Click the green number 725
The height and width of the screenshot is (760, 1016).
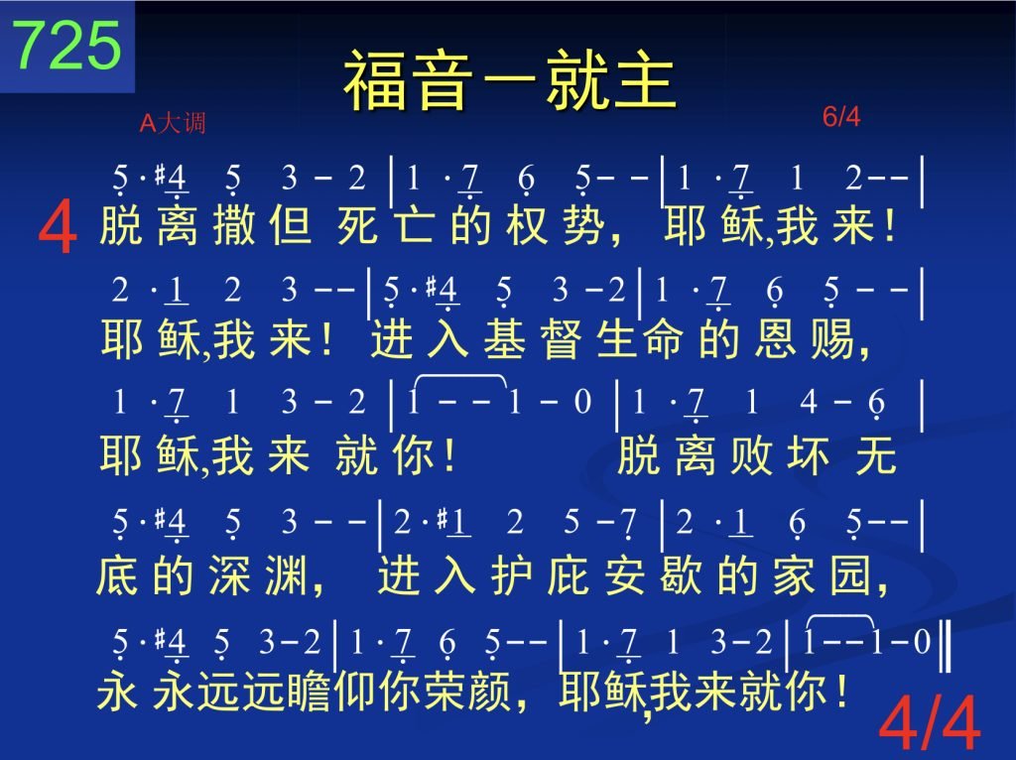[66, 45]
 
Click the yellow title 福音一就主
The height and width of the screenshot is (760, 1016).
[510, 80]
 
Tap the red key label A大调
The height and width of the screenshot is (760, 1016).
[173, 122]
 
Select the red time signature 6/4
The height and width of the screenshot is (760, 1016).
[841, 117]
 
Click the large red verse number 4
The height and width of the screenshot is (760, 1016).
[58, 228]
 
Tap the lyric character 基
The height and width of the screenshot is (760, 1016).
[504, 339]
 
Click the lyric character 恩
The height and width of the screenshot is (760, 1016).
[775, 339]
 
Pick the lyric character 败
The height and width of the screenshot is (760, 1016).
[751, 455]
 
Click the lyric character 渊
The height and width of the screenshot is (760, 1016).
[285, 575]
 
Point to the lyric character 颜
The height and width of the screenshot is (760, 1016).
[490, 692]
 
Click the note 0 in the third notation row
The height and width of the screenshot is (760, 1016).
[582, 402]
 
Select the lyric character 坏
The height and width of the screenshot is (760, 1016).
[808, 455]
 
